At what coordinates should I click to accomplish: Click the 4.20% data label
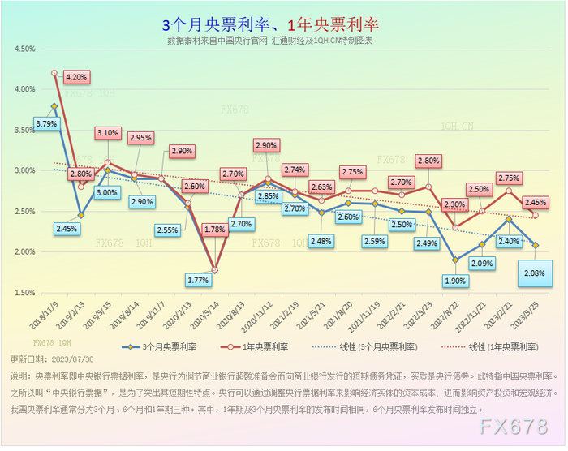coord(77,77)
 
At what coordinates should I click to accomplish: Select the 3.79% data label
coord(47,124)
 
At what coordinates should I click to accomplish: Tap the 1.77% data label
coord(198,280)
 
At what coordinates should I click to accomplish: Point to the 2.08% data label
coord(534,273)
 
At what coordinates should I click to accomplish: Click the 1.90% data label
coord(456,281)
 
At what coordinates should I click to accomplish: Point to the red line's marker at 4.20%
coord(54,73)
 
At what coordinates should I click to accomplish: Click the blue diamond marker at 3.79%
coord(54,106)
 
